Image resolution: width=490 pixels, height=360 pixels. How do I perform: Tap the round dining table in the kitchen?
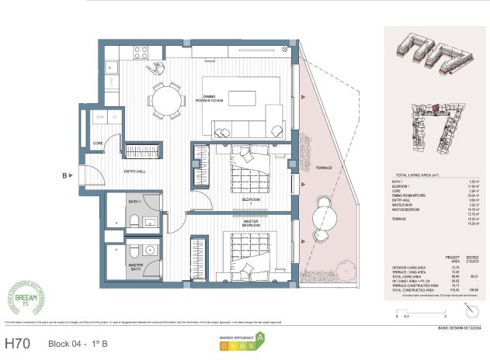coord(165,99)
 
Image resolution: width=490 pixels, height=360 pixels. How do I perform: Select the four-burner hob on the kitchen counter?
coord(141,53)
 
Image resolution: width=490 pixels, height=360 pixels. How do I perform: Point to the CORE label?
coord(99,144)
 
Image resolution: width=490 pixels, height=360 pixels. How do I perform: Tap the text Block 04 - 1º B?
coord(78,343)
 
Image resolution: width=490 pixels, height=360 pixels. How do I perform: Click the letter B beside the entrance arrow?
coord(66,175)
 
